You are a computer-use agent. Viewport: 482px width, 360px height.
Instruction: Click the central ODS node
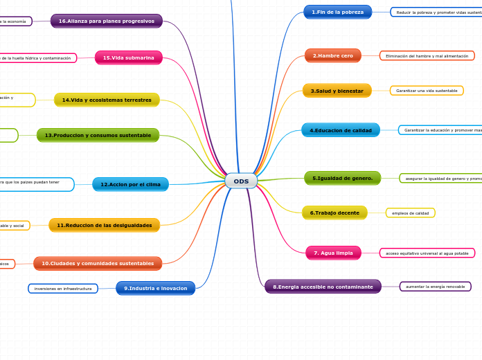point(241,181)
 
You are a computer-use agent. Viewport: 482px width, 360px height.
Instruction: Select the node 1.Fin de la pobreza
point(337,12)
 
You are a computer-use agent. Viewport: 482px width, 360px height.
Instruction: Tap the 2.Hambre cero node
point(332,55)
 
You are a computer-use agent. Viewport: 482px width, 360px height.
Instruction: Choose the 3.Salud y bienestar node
point(337,91)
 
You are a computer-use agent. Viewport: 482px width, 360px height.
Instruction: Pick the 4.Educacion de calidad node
point(340,130)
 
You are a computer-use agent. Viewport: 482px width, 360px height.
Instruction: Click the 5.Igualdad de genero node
point(342,178)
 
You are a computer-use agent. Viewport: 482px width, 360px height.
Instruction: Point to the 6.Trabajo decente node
point(334,213)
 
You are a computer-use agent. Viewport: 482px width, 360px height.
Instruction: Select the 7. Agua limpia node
point(333,253)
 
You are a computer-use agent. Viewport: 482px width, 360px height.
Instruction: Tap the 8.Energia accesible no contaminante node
point(323,286)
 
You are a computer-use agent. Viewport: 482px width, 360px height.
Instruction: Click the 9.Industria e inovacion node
point(155,288)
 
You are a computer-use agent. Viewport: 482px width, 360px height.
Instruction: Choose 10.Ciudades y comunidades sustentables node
point(98,263)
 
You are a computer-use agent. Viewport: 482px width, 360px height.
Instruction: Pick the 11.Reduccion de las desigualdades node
point(104,225)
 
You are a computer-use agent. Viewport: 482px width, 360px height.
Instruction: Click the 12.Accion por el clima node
point(130,184)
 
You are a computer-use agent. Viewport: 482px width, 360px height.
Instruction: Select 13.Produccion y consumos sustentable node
point(98,135)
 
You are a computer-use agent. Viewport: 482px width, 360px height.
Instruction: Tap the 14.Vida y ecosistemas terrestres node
point(107,100)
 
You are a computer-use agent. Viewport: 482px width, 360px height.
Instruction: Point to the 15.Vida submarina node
point(128,57)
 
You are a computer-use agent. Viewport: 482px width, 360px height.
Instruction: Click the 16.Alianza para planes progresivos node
point(106,21)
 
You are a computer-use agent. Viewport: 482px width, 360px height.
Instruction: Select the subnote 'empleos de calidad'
point(410,213)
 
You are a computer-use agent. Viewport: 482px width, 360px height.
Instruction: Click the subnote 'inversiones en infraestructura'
point(63,288)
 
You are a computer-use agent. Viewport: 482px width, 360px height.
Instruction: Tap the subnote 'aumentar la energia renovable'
point(436,286)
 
